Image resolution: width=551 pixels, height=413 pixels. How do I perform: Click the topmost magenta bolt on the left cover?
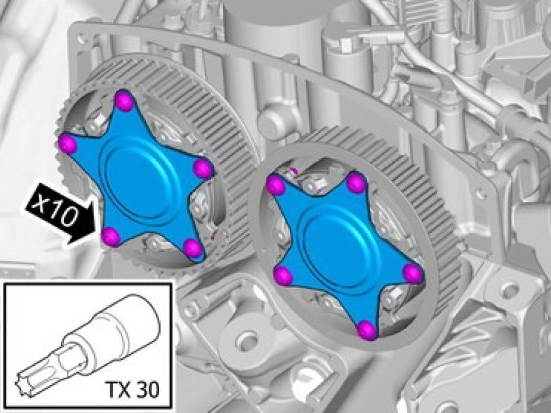pos(125,101)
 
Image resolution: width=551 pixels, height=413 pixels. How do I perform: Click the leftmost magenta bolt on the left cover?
pos(68,144)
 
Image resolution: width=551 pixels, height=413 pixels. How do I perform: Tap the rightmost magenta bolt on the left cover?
pos(203,168)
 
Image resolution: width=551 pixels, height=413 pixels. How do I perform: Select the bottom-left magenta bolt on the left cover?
pos(111,236)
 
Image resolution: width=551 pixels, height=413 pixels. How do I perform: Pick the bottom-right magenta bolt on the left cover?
pos(193,248)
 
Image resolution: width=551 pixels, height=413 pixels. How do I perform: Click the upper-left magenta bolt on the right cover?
pos(276,185)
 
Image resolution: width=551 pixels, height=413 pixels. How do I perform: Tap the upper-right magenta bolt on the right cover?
pos(356,183)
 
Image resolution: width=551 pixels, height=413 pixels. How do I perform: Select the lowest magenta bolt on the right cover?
pos(367,330)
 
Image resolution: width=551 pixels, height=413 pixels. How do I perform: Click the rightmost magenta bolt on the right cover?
pos(413,273)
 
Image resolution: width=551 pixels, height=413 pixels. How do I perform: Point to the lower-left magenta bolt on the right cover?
pos(283,276)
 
